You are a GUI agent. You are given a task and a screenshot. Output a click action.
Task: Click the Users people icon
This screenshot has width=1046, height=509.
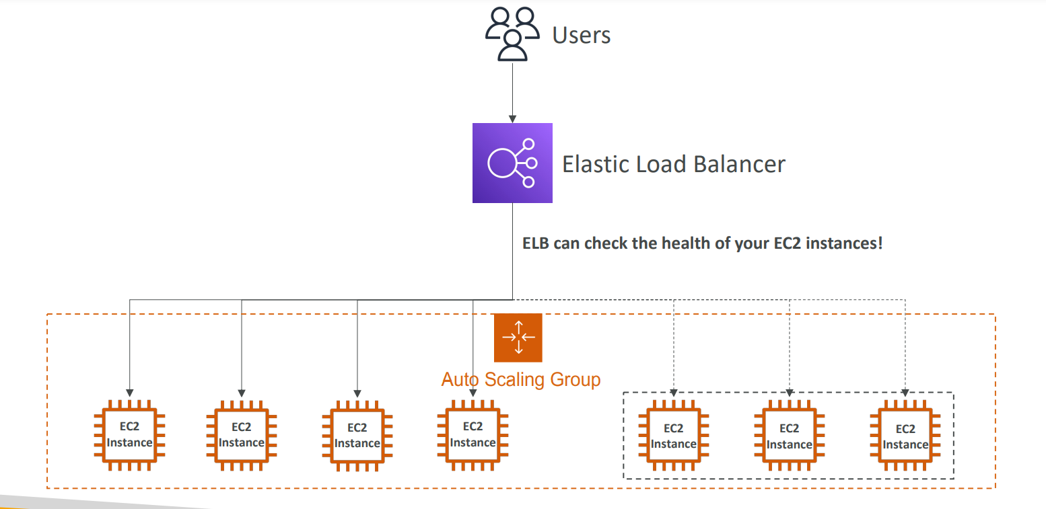coord(512,34)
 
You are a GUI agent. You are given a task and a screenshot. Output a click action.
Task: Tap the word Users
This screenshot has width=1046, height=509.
coord(582,35)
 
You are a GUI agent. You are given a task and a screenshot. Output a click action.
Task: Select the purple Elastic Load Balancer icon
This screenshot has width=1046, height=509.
coord(512,163)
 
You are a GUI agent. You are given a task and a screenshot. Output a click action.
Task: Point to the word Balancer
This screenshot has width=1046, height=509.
coord(739,164)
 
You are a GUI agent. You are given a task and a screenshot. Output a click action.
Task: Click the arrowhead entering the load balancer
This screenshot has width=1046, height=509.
coord(512,119)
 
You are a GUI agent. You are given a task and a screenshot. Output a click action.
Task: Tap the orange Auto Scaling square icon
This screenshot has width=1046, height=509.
coord(518,338)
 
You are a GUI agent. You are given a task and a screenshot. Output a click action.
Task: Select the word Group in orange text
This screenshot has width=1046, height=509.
coord(576,379)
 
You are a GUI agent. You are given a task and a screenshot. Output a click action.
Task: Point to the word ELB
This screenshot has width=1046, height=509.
coord(535,243)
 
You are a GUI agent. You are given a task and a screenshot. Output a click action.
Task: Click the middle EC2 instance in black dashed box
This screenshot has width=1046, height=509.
coord(789,435)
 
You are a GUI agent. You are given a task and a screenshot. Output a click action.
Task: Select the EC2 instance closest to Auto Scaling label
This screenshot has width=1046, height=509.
coord(473,434)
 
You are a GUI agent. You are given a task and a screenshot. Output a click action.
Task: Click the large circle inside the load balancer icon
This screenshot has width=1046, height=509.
coord(501,163)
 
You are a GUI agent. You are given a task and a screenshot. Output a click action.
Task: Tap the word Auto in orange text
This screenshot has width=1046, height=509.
coord(460,379)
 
